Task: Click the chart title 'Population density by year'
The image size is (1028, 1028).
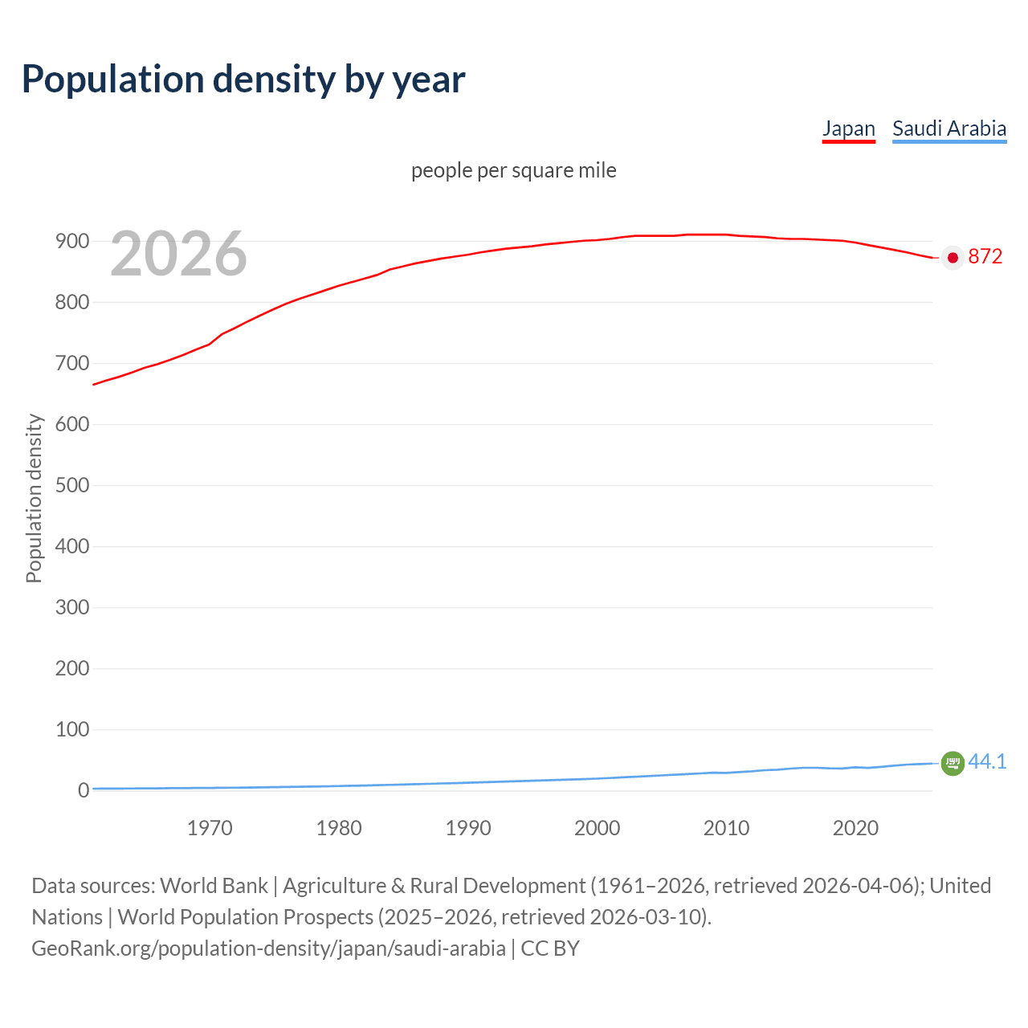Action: coord(243,80)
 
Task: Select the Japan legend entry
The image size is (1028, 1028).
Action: coord(848,128)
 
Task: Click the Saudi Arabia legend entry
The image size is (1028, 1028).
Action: coord(948,128)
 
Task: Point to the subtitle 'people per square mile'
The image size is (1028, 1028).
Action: coord(513,170)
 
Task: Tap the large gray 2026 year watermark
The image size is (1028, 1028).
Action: coord(178,254)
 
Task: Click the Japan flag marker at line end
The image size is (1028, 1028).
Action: coord(953,258)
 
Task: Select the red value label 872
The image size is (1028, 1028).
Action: coord(985,257)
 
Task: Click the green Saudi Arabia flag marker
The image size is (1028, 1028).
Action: coord(953,763)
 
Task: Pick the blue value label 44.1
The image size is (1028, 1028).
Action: coord(987,761)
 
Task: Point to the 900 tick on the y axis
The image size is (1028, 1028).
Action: coord(71,242)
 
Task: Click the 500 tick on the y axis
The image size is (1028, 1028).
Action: coord(71,486)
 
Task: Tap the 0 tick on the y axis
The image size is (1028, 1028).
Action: coord(83,791)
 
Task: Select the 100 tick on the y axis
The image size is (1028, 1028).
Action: coord(71,730)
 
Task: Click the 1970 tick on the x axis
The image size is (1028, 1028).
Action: coord(210,828)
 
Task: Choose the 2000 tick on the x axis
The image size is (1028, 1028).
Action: coord(597,828)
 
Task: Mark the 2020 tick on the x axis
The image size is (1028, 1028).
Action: coord(855,828)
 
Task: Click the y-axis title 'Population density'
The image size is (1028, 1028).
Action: coord(34,498)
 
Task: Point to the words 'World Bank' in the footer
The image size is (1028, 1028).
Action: coord(214,886)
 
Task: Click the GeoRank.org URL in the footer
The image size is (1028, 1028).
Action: coord(268,948)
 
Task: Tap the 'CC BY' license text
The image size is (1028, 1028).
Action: coord(550,948)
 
